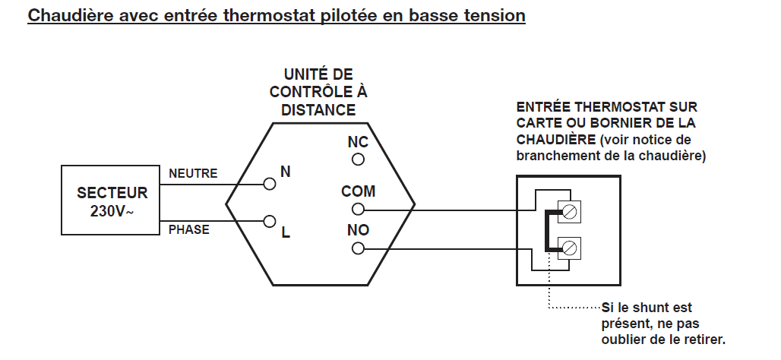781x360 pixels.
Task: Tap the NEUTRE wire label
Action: tap(193, 174)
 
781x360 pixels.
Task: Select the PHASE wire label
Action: tap(189, 229)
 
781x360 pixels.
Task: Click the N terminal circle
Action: tap(268, 183)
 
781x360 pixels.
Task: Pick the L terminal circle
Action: tap(268, 221)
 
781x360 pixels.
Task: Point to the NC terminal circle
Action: tap(358, 159)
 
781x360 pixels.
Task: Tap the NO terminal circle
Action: tap(358, 248)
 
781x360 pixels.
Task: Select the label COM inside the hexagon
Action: tap(358, 193)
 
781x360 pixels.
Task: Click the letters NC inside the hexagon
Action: tap(358, 142)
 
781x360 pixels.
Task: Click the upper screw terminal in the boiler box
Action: tap(569, 211)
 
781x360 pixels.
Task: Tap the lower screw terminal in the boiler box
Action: tap(569, 246)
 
